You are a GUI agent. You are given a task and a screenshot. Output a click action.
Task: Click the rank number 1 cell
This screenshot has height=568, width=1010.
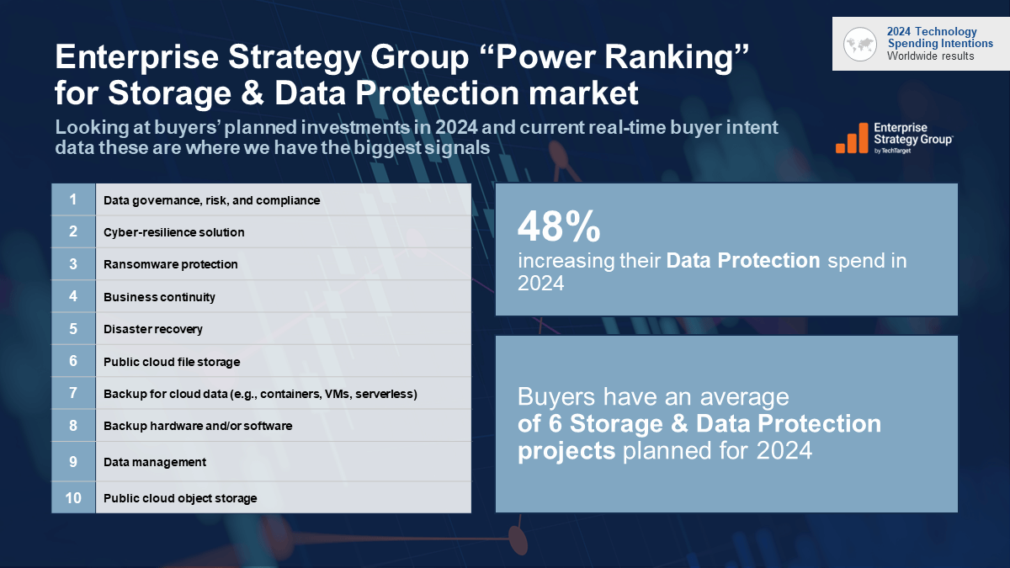73,199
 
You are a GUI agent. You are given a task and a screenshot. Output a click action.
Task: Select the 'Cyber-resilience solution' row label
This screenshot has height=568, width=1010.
173,232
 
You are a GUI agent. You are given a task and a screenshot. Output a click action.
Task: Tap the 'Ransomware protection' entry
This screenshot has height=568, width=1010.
170,264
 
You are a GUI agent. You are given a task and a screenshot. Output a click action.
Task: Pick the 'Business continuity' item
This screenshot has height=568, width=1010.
159,297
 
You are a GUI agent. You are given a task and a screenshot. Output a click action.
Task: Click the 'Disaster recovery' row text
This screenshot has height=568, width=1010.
152,329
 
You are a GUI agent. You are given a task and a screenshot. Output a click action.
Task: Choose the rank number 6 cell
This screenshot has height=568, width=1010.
73,361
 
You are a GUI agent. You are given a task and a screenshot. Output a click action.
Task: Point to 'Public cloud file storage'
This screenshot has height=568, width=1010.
172,362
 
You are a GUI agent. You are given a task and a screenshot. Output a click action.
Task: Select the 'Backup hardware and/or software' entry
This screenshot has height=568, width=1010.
198,426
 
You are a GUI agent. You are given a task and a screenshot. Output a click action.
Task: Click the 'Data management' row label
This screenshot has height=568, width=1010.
154,462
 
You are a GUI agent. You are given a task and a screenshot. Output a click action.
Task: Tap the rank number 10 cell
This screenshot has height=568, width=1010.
73,497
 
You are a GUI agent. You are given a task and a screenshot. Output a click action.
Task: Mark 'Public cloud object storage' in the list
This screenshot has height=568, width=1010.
180,498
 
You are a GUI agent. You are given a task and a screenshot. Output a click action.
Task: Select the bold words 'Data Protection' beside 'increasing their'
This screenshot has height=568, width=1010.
743,261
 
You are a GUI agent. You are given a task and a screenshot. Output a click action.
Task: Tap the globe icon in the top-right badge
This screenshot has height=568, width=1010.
860,44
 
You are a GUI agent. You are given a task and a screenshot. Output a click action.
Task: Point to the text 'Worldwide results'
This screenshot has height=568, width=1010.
930,56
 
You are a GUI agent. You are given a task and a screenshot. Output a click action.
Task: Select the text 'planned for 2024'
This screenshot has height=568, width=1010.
717,450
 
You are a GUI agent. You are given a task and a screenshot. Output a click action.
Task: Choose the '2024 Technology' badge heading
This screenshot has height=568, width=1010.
932,32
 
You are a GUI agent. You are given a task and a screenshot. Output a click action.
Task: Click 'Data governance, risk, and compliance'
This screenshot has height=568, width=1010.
211,200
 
